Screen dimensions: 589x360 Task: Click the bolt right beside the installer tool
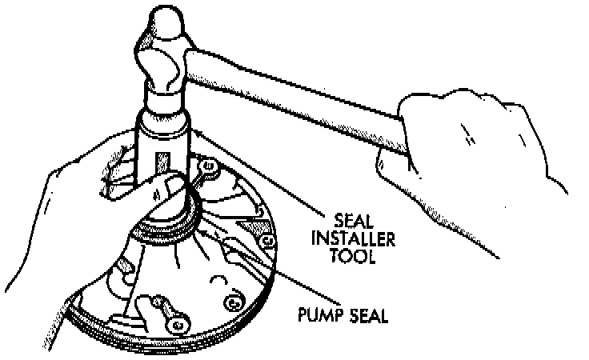click(x=210, y=168)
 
